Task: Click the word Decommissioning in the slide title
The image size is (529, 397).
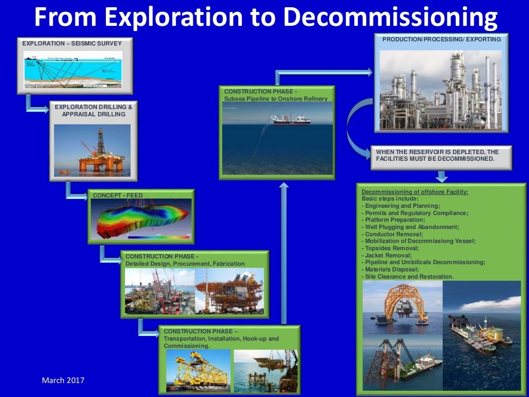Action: [x=391, y=17]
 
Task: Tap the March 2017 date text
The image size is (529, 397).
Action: [x=63, y=380]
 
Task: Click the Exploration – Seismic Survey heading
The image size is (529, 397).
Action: [x=72, y=43]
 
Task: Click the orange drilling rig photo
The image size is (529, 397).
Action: [x=92, y=149]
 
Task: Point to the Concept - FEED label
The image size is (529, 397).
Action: [x=117, y=195]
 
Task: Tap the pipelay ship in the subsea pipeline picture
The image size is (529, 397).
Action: [x=290, y=120]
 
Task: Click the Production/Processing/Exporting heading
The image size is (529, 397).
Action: [x=441, y=39]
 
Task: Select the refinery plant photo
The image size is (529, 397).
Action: [x=441, y=89]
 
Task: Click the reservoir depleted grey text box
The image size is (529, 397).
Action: [x=441, y=155]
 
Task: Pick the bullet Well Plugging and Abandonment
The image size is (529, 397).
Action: [x=410, y=227]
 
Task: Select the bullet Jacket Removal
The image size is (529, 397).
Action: [x=386, y=255]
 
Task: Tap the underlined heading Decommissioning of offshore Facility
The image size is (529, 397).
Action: [x=415, y=192]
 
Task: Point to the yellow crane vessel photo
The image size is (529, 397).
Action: [x=198, y=370]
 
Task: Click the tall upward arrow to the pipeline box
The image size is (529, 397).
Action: [x=283, y=253]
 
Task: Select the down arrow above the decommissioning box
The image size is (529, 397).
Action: [x=441, y=177]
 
